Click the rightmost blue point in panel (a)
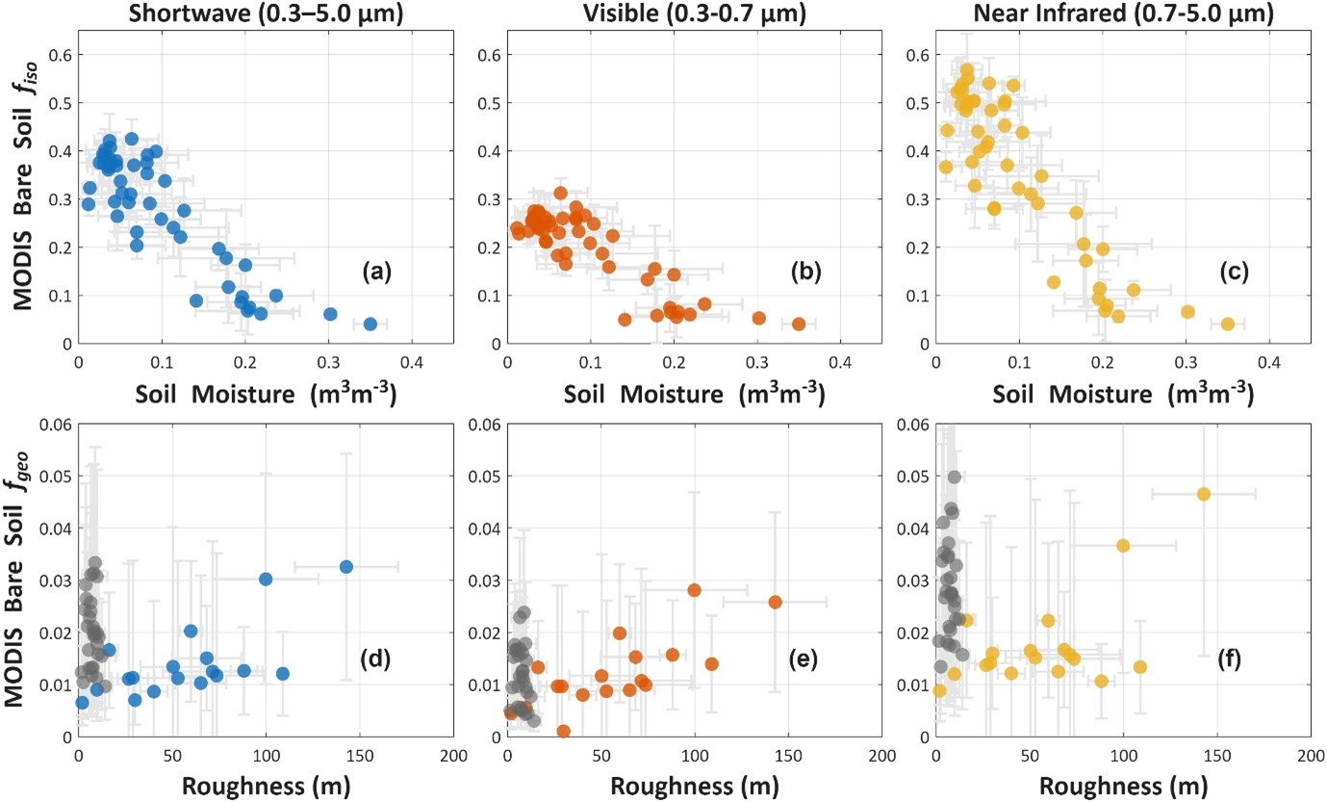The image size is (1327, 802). tap(370, 324)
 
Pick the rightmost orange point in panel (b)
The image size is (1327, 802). tap(799, 324)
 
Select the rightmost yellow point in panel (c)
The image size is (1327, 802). tap(1228, 324)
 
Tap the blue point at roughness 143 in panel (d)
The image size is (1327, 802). tap(346, 566)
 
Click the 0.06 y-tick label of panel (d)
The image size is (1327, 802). tap(55, 424)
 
